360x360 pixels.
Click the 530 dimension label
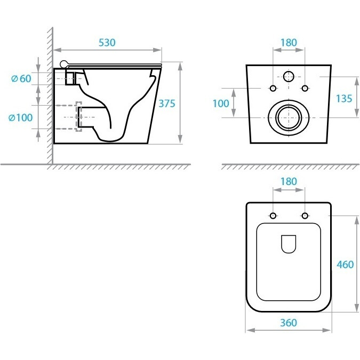pyautogui.click(x=107, y=43)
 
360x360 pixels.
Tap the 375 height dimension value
pyautogui.click(x=167, y=103)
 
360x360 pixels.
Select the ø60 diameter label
pyautogui.click(x=21, y=78)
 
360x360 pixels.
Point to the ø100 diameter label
pyautogui.click(x=20, y=117)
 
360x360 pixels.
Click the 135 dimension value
pyautogui.click(x=344, y=99)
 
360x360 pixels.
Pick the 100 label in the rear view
pyautogui.click(x=221, y=103)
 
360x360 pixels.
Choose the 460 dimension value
pyautogui.click(x=345, y=265)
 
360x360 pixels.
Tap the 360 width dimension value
pyautogui.click(x=289, y=323)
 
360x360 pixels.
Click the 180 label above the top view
pyautogui.click(x=289, y=181)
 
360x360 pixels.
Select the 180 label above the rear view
pyautogui.click(x=289, y=43)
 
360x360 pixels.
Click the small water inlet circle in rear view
pyautogui.click(x=289, y=76)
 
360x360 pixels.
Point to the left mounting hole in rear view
pyautogui.click(x=273, y=88)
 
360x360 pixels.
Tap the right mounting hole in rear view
pyautogui.click(x=305, y=88)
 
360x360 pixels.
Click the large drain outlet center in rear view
pyautogui.click(x=289, y=117)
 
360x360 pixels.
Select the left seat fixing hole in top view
pyautogui.click(x=273, y=215)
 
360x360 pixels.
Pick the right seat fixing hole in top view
pyautogui.click(x=305, y=215)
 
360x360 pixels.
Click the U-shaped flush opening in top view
pyautogui.click(x=289, y=244)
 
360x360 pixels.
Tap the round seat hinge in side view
pyautogui.click(x=64, y=65)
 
